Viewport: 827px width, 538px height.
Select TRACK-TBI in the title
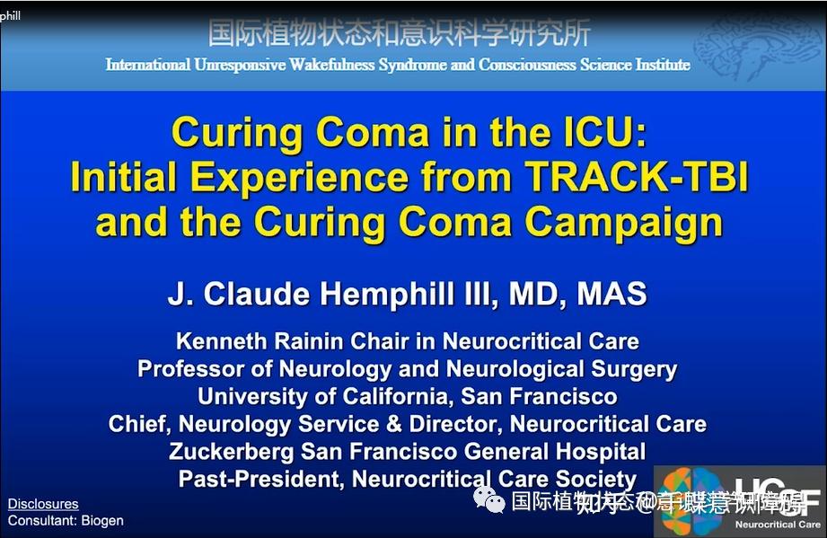[x=637, y=179]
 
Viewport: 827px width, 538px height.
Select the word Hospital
[x=598, y=451]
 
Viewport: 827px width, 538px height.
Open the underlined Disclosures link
[x=43, y=504]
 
